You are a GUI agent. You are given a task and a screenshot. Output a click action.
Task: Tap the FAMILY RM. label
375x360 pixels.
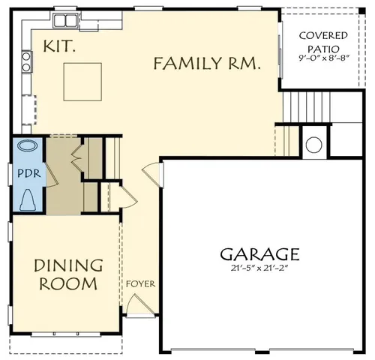pos(207,64)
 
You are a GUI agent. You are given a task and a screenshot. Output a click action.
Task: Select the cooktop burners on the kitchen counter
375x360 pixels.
pos(27,61)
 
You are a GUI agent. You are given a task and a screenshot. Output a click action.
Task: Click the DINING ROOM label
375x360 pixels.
pos(67,274)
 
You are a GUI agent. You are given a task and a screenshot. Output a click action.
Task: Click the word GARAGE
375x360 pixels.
pos(259,254)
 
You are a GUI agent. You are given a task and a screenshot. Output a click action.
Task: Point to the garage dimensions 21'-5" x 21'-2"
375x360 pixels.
pos(259,268)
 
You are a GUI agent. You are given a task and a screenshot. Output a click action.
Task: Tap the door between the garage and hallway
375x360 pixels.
pos(154,174)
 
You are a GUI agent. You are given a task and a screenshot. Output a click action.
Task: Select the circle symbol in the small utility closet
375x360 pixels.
pos(314,143)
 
